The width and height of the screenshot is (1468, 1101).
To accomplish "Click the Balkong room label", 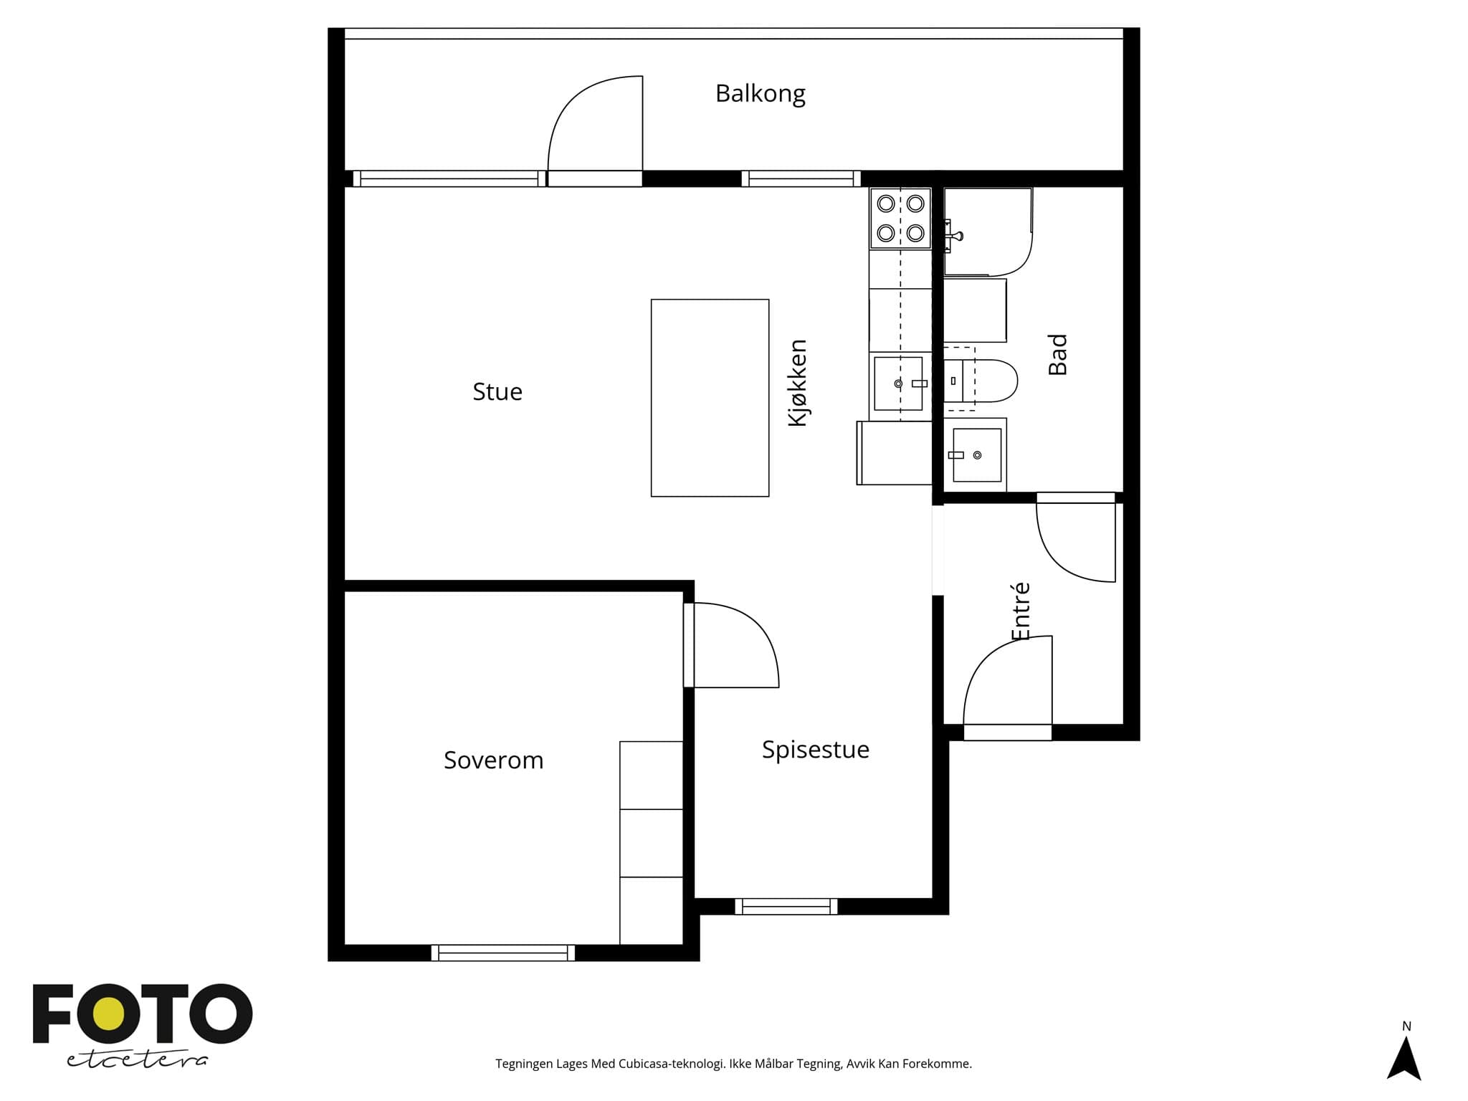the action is pyautogui.click(x=760, y=94).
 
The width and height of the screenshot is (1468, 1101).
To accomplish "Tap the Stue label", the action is pyautogui.click(x=497, y=391).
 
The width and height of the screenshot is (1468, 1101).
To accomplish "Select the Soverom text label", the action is pyautogui.click(x=493, y=760).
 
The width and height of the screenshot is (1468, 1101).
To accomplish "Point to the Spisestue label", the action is pyautogui.click(x=815, y=750).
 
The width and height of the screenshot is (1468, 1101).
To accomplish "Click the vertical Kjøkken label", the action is pyautogui.click(x=797, y=383).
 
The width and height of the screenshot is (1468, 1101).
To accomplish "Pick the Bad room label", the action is pyautogui.click(x=1057, y=354).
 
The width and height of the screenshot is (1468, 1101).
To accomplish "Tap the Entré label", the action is pyautogui.click(x=1020, y=611).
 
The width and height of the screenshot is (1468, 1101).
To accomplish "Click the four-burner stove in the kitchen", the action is pyautogui.click(x=900, y=219).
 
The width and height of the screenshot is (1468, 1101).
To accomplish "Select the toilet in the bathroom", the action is pyautogui.click(x=980, y=381).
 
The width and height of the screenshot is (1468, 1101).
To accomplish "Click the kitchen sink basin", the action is pyautogui.click(x=898, y=383).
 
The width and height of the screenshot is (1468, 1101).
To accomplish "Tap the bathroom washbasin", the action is pyautogui.click(x=976, y=455).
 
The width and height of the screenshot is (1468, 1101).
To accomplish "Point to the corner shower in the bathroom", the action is pyautogui.click(x=988, y=232).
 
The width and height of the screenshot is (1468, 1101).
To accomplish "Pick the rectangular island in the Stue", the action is pyautogui.click(x=710, y=398).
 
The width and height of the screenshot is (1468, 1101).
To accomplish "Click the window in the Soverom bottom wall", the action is pyautogui.click(x=503, y=953).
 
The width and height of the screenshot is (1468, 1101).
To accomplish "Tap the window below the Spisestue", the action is pyautogui.click(x=786, y=907).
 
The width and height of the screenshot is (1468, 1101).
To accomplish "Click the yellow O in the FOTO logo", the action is pyautogui.click(x=108, y=1015).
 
